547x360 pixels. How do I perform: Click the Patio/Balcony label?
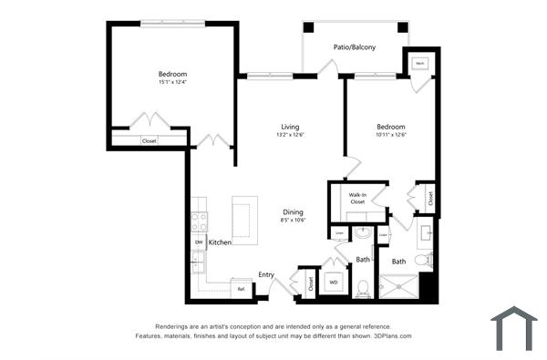(354, 47)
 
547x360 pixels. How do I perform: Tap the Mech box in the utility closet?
(420, 64)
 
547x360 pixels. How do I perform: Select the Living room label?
(290, 127)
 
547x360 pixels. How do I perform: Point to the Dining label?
(293, 211)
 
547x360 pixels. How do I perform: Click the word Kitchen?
(220, 242)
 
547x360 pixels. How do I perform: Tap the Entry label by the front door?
(266, 274)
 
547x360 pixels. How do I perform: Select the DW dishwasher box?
(198, 242)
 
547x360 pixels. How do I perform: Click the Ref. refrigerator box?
(241, 289)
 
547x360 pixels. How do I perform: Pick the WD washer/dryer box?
(334, 283)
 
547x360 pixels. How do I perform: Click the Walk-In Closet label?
(357, 198)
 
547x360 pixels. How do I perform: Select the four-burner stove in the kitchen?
(199, 222)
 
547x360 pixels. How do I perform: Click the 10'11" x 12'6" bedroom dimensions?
(390, 135)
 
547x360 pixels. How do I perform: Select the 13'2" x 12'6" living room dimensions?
(290, 135)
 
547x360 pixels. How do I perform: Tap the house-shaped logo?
(513, 329)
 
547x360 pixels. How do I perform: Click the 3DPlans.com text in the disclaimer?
(393, 336)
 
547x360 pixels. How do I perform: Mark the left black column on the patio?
(308, 27)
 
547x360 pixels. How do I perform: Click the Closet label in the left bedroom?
(149, 141)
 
